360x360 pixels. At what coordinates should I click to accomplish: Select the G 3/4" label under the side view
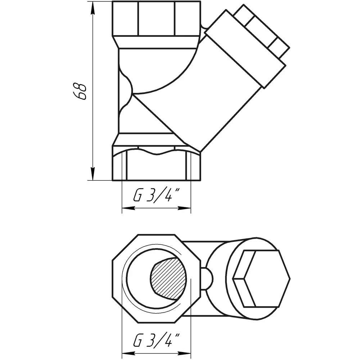pos(156,195)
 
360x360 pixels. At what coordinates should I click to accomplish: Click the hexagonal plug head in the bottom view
pos(261,279)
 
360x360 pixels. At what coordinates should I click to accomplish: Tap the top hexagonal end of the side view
pos(156,19)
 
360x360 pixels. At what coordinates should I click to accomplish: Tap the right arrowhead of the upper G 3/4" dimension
pos(184,208)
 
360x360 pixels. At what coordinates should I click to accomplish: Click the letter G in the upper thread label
pos(137,195)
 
